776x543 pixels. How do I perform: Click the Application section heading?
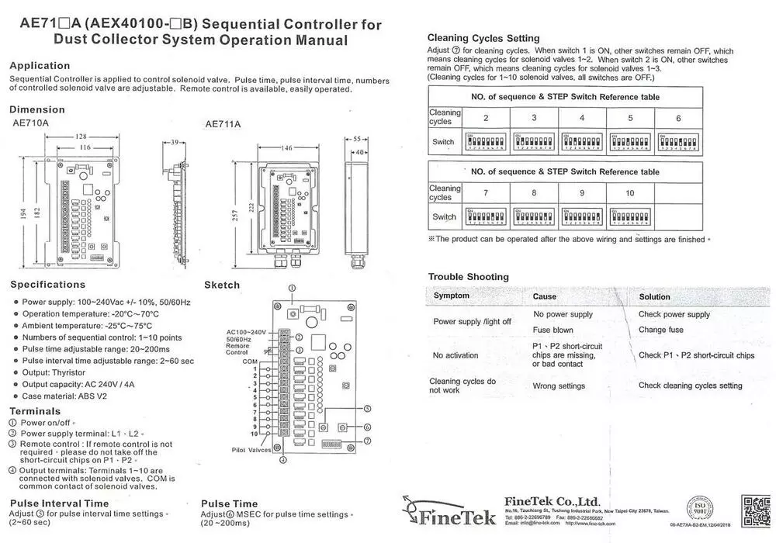tap(40, 65)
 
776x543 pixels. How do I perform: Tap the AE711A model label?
tap(223, 123)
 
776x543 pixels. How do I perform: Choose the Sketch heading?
tap(222, 285)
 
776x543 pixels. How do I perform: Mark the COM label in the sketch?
tap(249, 361)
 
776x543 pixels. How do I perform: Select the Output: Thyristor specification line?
tap(54, 372)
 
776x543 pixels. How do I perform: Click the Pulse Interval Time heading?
tap(59, 503)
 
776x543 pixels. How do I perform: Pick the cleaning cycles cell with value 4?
tap(582, 118)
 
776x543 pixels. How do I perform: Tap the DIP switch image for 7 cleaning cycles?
tap(486, 216)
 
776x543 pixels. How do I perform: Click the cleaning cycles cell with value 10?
tap(629, 193)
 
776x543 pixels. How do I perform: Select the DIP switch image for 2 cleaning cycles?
tap(486, 142)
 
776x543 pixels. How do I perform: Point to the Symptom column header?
tap(451, 296)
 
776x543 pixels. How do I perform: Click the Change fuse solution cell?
tap(660, 330)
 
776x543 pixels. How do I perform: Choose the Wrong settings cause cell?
tap(559, 386)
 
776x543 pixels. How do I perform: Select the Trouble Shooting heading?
tap(469, 277)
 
